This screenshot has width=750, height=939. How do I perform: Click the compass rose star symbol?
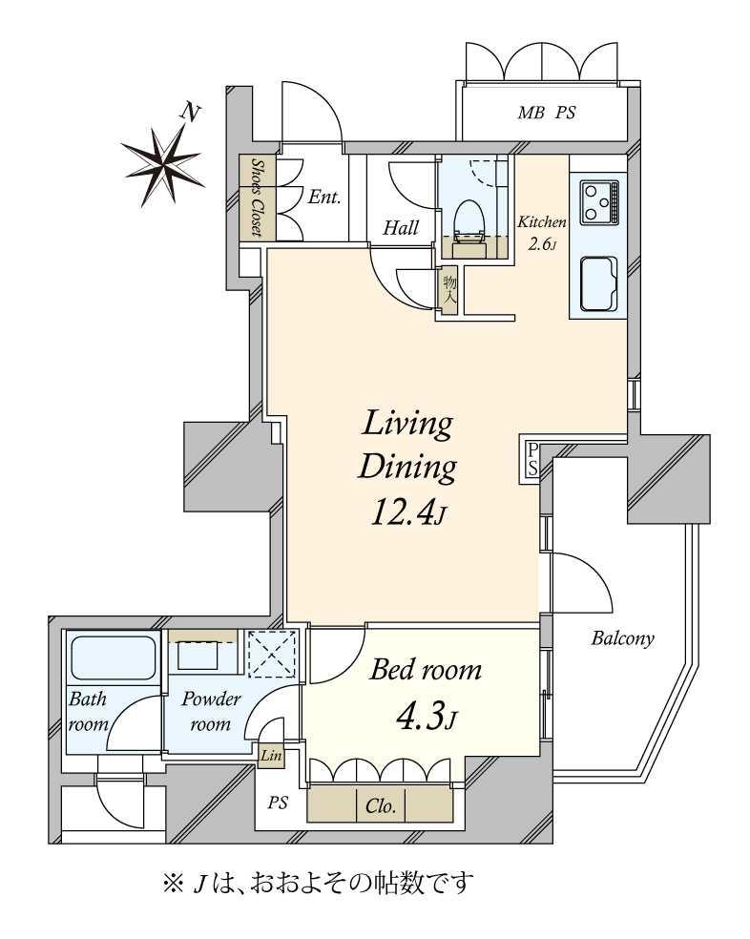point(162,161)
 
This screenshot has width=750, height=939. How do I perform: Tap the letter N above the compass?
point(191,112)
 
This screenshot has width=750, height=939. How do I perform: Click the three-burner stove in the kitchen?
point(598,201)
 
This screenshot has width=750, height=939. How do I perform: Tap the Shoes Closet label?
point(258,198)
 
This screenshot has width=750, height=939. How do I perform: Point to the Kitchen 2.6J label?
point(542,233)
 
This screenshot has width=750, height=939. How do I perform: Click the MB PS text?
point(547,112)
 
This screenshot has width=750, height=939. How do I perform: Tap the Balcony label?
point(622,639)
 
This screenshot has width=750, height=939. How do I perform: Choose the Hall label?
point(401,227)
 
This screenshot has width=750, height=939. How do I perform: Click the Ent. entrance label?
point(324,197)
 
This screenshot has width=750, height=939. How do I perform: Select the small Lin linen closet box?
point(271,756)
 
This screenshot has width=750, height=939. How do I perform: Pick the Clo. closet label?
point(381,806)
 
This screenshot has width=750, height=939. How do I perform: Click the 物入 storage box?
point(449,289)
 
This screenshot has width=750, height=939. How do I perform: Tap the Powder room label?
point(211,712)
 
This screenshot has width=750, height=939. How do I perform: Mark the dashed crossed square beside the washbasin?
point(272,654)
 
